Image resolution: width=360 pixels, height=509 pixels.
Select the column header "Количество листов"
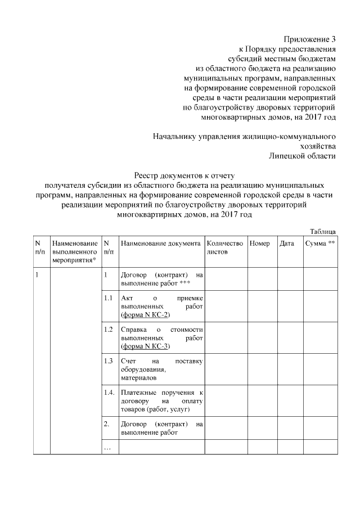[x=225, y=248]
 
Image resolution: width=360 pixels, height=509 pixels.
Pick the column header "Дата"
[x=287, y=244]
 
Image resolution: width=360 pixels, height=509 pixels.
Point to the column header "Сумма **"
[x=319, y=244]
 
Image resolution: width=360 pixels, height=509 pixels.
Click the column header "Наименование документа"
[x=160, y=244]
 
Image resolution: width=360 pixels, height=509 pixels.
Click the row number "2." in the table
[x=106, y=424]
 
